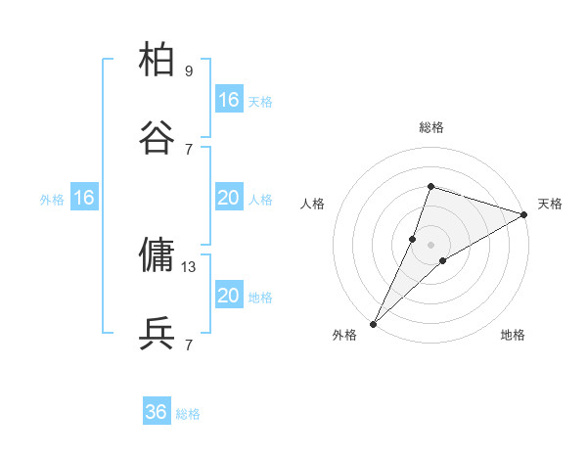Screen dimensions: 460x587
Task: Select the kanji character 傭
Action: (157, 254)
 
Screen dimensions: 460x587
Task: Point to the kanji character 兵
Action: (157, 333)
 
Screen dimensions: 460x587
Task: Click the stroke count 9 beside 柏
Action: (189, 71)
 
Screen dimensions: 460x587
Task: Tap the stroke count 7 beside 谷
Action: (189, 150)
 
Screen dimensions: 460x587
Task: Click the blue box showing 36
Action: (157, 412)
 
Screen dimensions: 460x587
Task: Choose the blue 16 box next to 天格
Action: (229, 100)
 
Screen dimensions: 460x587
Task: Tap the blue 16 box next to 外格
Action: (84, 198)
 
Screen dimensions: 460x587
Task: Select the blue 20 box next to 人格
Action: (229, 198)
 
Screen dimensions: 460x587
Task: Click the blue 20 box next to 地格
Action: (229, 296)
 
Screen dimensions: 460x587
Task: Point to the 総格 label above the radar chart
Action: (431, 127)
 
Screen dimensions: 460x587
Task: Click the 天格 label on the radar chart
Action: (550, 204)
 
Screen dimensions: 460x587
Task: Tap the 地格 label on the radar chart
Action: (513, 335)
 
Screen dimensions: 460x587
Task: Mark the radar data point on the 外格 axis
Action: (373, 324)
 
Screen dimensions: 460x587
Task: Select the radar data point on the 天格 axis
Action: (524, 214)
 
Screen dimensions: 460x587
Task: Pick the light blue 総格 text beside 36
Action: (189, 413)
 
